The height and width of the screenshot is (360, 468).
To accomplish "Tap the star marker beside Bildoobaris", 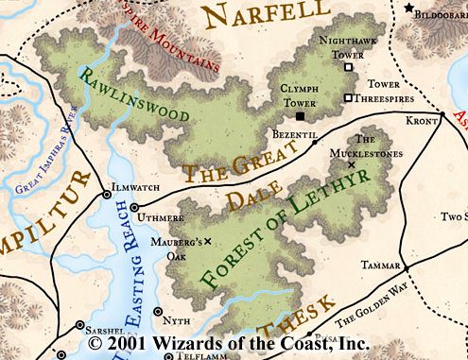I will tap(409, 8).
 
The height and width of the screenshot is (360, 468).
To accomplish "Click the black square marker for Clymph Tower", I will tap(301, 115).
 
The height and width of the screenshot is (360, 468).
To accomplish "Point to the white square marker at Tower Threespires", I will tap(348, 97).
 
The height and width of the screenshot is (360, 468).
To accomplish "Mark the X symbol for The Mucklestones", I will tap(352, 164).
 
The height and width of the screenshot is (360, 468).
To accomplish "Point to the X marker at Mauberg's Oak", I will tap(207, 242).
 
